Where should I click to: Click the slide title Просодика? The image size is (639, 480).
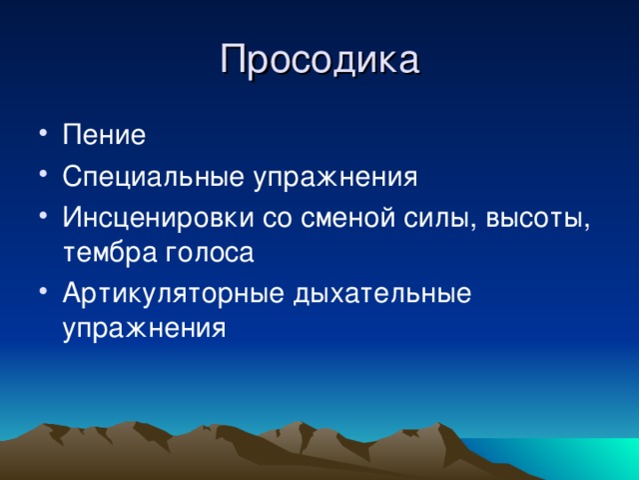click(319, 60)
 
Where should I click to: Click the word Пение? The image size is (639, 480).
click(104, 134)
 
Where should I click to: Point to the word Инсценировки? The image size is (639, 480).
click(158, 219)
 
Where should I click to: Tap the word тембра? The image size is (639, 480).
click(110, 252)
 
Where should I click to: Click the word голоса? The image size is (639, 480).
click(210, 253)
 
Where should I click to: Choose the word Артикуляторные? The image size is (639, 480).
click(173, 293)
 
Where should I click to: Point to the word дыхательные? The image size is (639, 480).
click(382, 294)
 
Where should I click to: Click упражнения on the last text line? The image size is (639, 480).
click(144, 328)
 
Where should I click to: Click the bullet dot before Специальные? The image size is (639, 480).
click(44, 172)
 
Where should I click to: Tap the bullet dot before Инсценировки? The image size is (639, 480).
click(44, 214)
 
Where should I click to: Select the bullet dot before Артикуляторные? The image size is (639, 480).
click(44, 291)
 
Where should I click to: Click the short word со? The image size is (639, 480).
click(278, 220)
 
